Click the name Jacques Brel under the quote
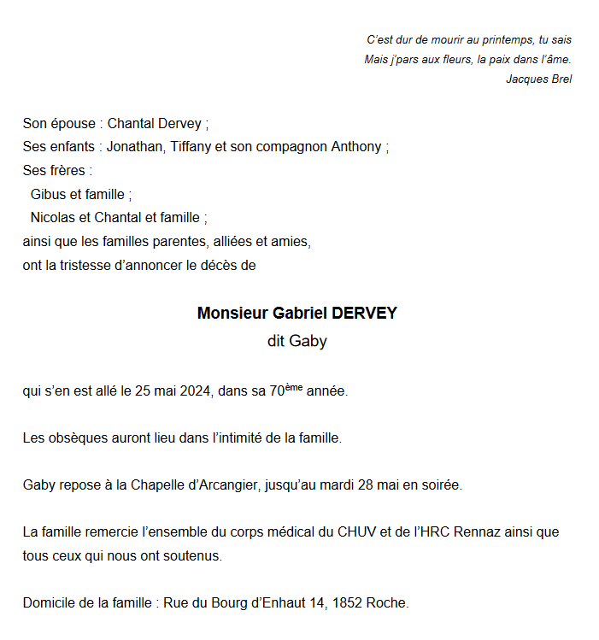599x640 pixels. pyautogui.click(x=538, y=79)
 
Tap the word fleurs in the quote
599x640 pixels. pyautogui.click(x=450, y=60)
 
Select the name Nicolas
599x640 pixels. pyautogui.click(x=54, y=218)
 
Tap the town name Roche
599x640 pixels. pyautogui.click(x=386, y=603)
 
